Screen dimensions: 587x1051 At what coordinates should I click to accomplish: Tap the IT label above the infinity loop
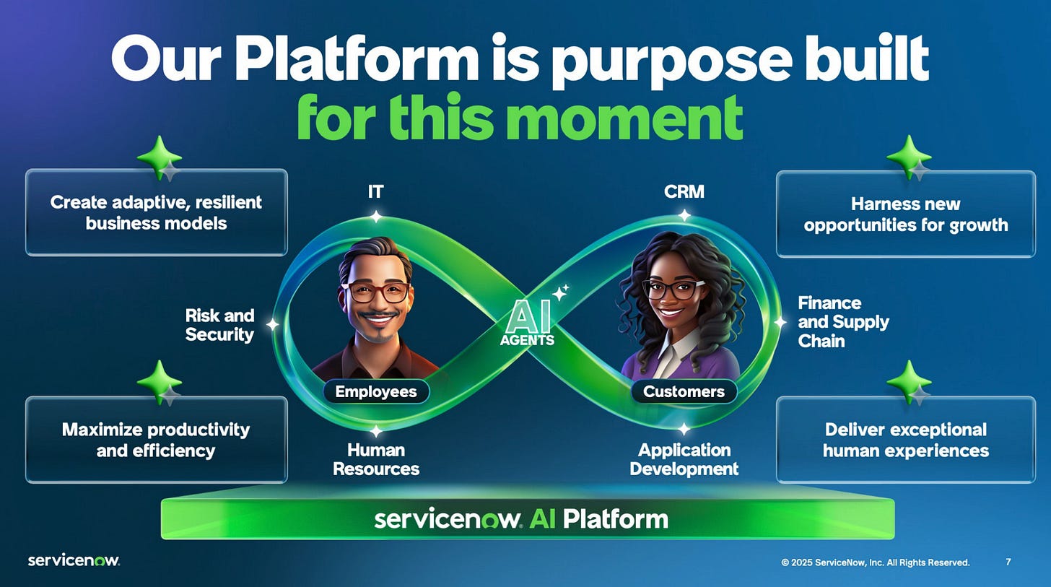click(x=375, y=191)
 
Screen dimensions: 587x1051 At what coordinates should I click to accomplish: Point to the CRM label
click(x=684, y=191)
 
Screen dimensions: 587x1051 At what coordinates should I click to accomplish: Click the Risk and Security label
click(x=219, y=325)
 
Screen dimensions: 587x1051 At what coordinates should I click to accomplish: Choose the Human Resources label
click(x=376, y=459)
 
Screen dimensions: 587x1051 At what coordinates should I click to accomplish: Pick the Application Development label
click(x=684, y=459)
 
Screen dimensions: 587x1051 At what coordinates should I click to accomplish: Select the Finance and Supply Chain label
click(x=842, y=322)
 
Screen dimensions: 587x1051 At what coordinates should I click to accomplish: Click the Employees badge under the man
click(x=376, y=391)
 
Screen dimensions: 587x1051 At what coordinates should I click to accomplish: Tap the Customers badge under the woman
click(x=684, y=391)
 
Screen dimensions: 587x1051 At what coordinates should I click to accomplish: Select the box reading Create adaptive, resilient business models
click(x=156, y=212)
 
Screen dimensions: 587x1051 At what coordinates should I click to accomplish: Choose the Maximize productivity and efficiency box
click(x=156, y=440)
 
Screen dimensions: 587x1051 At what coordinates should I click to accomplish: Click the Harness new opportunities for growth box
click(x=905, y=214)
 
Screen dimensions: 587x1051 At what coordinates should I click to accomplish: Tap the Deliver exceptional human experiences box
click(x=905, y=440)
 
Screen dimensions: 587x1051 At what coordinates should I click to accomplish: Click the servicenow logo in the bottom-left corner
click(x=74, y=560)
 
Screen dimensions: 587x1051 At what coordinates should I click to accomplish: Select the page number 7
click(x=1008, y=562)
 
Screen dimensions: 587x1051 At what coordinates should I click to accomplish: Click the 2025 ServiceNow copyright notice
click(x=875, y=562)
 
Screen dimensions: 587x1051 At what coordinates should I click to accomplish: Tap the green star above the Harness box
click(x=907, y=155)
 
